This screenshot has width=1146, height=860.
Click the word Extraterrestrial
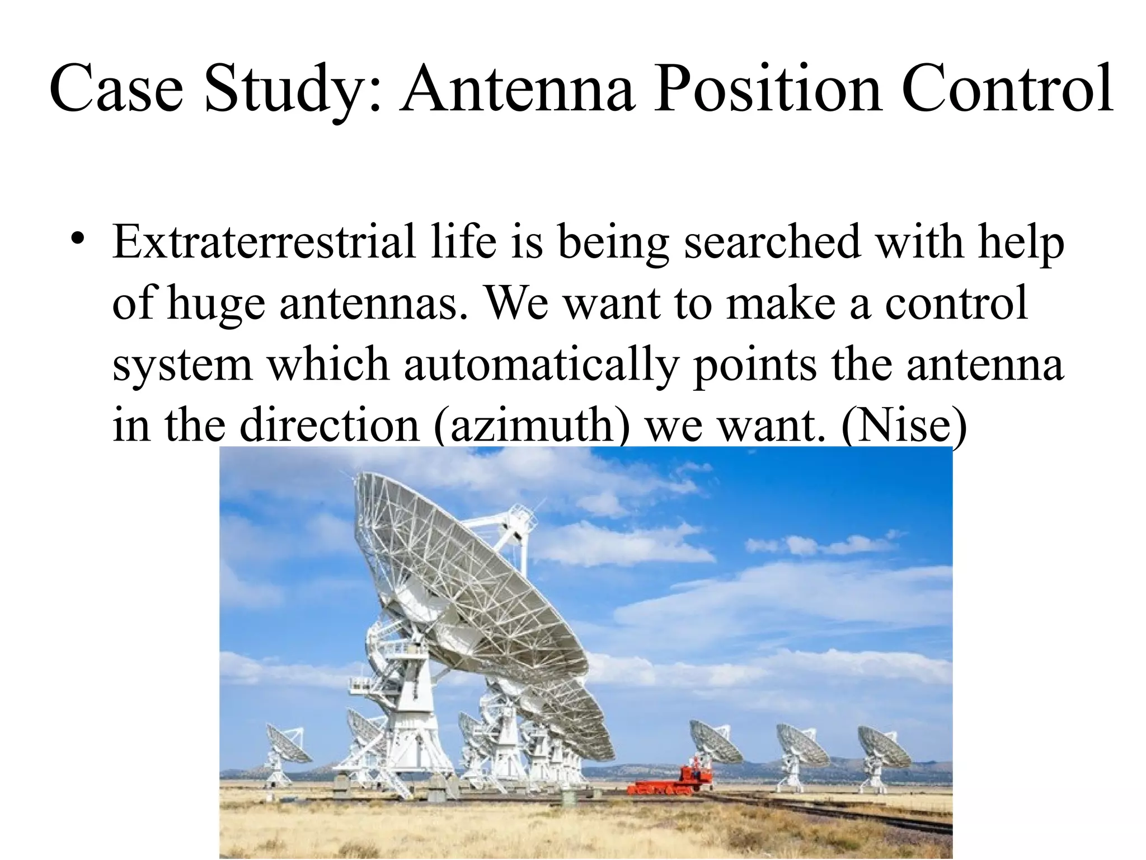coord(263,242)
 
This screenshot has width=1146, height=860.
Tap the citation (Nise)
coord(904,426)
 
